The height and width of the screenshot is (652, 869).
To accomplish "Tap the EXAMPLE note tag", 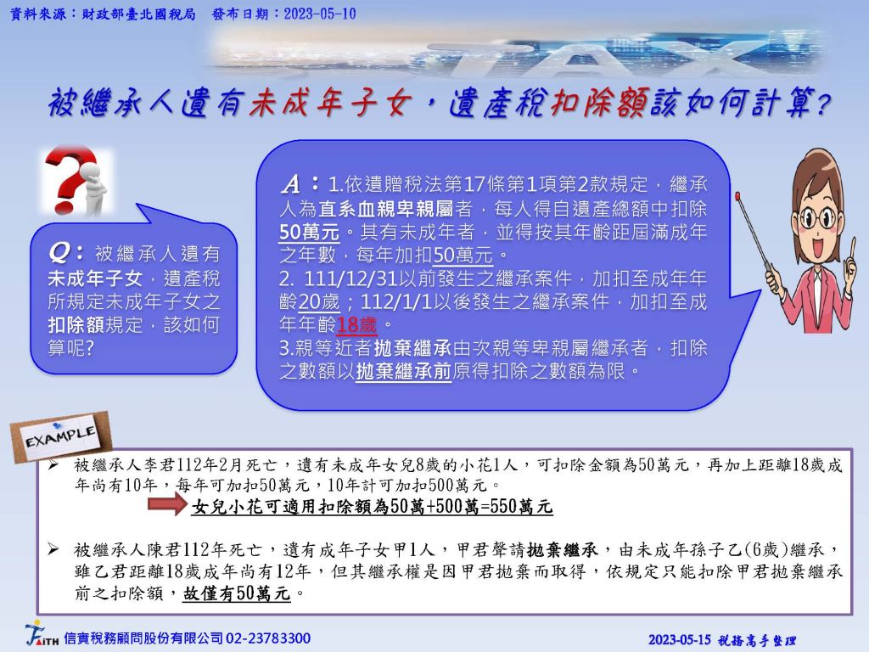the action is (x=60, y=437).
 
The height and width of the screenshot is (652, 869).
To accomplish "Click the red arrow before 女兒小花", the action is (x=168, y=505).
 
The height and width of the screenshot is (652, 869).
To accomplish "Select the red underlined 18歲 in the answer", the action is (x=356, y=324).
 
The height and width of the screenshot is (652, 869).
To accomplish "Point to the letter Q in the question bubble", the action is (x=59, y=253).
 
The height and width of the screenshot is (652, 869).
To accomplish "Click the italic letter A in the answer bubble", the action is (x=290, y=183).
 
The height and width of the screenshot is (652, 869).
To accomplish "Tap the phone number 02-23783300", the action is (x=267, y=638).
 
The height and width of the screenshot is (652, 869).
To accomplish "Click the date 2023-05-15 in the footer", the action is (x=679, y=640).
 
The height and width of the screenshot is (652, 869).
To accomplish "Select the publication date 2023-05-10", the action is (x=320, y=14).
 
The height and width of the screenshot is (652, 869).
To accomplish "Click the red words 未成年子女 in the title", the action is (x=330, y=103).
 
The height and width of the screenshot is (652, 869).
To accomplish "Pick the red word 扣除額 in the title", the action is (x=599, y=103).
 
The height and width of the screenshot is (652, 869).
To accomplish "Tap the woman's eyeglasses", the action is (x=816, y=216).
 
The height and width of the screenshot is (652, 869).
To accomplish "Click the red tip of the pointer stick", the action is (x=737, y=195).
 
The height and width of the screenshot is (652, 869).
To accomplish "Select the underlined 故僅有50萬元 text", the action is (x=237, y=593).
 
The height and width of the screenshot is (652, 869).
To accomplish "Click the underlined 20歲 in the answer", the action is (x=319, y=301).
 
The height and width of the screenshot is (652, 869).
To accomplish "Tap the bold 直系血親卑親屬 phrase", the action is (x=386, y=209).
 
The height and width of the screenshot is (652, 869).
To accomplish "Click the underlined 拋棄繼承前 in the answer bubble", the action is (x=403, y=370).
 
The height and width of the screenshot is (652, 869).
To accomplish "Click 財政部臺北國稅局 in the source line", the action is (x=138, y=14).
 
